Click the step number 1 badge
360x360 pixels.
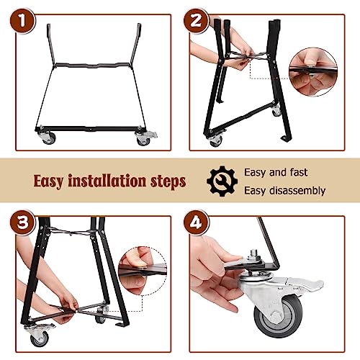click(22, 21)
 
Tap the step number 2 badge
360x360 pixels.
click(196, 21)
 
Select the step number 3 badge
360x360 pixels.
click(22, 222)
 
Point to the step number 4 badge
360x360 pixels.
click(196, 222)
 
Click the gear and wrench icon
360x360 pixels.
click(222, 181)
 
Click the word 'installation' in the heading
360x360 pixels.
click(107, 181)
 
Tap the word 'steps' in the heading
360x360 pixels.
click(168, 181)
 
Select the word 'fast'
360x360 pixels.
click(299, 172)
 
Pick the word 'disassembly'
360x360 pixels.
click(297, 191)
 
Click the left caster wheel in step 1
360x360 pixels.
click(49, 138)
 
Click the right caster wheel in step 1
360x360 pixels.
click(143, 140)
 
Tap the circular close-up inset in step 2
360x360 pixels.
click(313, 72)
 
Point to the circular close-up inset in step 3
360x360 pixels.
click(143, 271)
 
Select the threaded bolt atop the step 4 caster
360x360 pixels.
click(254, 254)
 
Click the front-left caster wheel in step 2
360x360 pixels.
click(216, 142)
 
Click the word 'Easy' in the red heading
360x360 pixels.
click(49, 181)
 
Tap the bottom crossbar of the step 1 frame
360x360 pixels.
click(90, 129)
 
